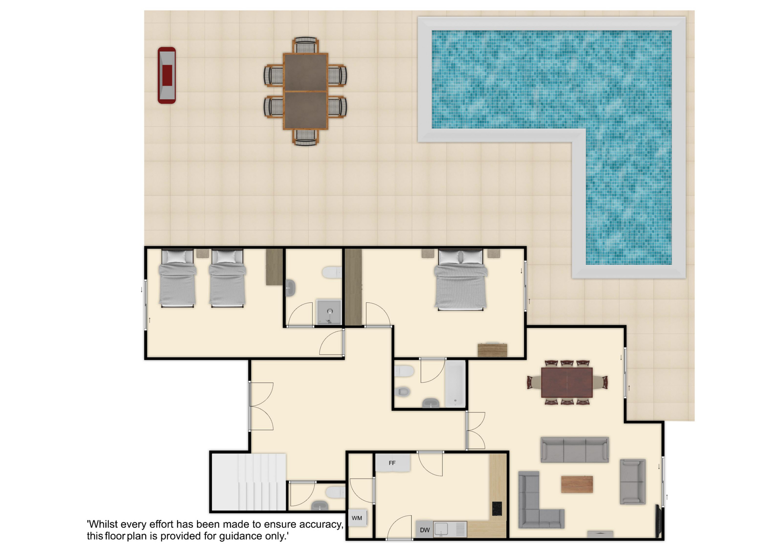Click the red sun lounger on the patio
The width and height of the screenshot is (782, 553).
[x=167, y=75]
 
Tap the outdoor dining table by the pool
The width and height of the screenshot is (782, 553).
[x=305, y=91]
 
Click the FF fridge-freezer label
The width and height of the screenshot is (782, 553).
[x=392, y=463]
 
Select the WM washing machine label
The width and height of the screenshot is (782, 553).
[x=357, y=518]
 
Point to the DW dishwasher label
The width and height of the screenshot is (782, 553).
[x=425, y=530]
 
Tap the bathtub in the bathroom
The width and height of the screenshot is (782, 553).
[x=455, y=384]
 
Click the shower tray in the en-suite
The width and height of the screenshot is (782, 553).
[x=329, y=312]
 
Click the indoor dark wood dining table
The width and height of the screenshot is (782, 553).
[x=567, y=382]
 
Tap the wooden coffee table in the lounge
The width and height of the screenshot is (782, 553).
[x=577, y=484]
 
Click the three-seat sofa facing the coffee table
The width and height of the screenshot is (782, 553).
[x=575, y=450]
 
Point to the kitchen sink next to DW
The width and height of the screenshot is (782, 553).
[x=442, y=529]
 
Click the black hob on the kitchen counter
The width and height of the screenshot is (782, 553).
[x=497, y=509]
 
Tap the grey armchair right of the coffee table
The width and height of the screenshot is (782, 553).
[x=633, y=482]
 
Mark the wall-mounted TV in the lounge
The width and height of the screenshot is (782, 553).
[x=658, y=521]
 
